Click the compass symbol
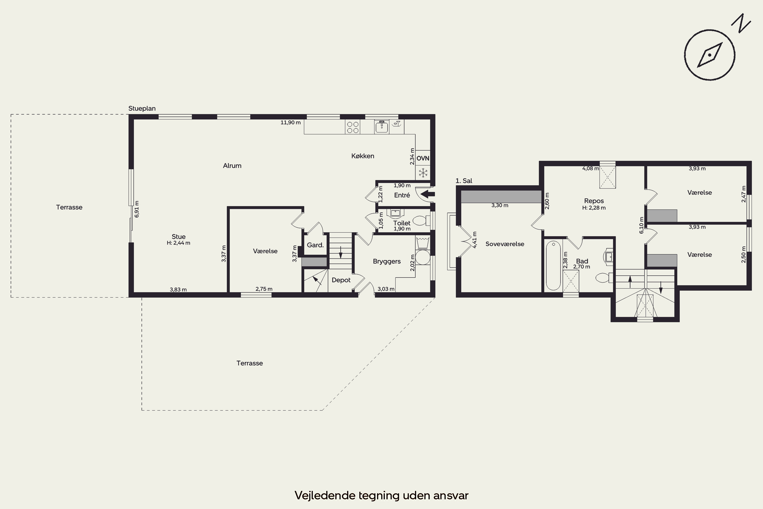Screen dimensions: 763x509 click(710, 55)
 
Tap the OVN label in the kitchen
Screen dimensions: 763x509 click(423, 158)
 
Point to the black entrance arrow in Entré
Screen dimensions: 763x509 click(428, 194)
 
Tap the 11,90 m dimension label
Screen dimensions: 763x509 click(290, 122)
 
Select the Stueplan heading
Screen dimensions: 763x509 click(142, 108)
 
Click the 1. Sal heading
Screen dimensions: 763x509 click(464, 181)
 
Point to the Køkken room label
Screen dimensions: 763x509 click(363, 156)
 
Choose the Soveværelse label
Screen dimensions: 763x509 click(505, 244)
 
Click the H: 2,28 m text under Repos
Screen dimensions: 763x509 click(594, 208)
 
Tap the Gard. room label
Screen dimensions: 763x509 click(315, 245)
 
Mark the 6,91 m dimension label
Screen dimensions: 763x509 click(137, 209)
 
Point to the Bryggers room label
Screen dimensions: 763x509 click(387, 261)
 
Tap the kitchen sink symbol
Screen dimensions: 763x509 click(382, 127)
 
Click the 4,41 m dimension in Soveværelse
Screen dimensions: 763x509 click(475, 240)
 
